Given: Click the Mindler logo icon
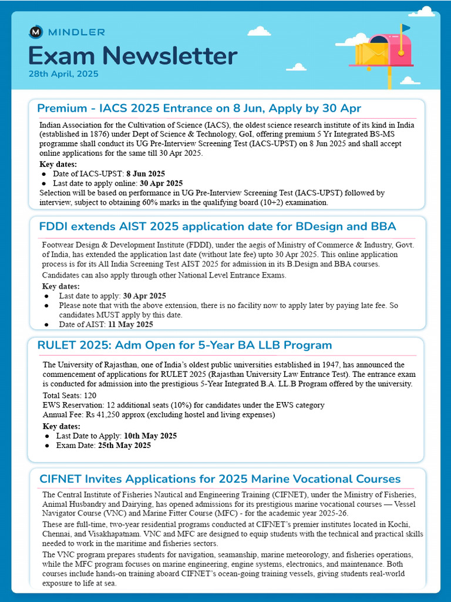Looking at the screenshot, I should coord(36,32).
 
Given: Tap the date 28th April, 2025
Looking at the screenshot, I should coord(63,74).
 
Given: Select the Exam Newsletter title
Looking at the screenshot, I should coord(133,56).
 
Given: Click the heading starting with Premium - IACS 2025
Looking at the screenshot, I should coord(198,108).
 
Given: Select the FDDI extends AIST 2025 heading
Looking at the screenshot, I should coord(217,226).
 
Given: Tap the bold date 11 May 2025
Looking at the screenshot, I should coord(130,325).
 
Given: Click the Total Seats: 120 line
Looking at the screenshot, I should coord(69,396).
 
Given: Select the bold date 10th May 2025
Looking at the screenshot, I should coord(150,436).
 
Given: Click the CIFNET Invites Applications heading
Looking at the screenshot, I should coord(220,479).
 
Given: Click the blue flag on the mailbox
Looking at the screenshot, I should coord(406,28).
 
